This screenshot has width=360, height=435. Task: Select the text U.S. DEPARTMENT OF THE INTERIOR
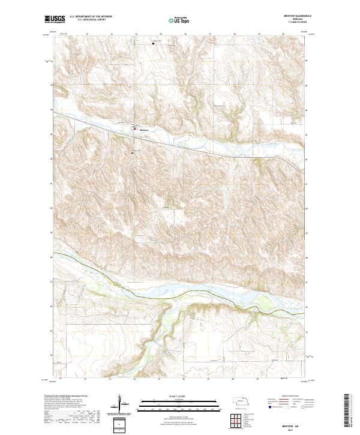(91, 17)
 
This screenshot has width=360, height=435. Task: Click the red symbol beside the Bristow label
(135, 128)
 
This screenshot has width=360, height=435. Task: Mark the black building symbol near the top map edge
(153, 43)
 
